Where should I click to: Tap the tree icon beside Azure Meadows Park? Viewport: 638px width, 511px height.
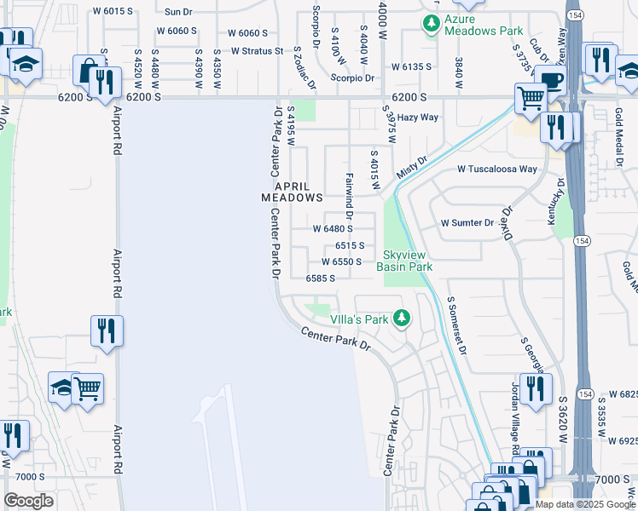433,23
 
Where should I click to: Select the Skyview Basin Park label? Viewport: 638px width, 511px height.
408,261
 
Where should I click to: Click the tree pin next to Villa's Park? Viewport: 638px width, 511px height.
402,319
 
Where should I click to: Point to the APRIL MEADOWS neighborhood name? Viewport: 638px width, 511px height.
292,191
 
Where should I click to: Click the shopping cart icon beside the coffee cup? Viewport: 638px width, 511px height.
531,99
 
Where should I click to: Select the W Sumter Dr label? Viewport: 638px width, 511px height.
467,223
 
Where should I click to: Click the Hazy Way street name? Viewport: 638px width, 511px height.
418,118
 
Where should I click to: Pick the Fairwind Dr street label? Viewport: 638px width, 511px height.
349,193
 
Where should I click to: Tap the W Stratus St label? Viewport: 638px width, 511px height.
256,51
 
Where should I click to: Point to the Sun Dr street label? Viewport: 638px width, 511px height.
178,12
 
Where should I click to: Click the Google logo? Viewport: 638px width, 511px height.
28,501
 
